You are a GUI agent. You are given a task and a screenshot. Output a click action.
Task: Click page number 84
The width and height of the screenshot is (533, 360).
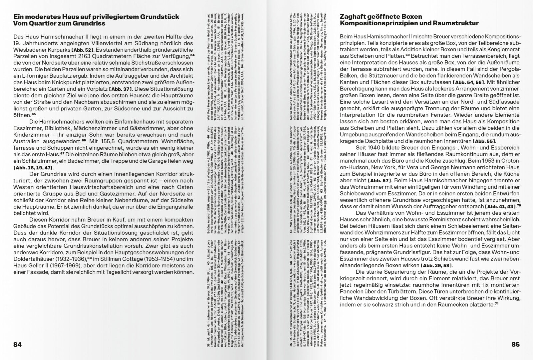click(17, 345)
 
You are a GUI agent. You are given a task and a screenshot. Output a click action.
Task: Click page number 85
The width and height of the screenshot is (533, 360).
click(515, 345)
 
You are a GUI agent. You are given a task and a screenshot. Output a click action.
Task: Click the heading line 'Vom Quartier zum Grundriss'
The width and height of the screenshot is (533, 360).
click(59, 23)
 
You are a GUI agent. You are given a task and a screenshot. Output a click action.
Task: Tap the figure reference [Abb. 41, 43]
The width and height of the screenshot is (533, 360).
click(500, 206)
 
